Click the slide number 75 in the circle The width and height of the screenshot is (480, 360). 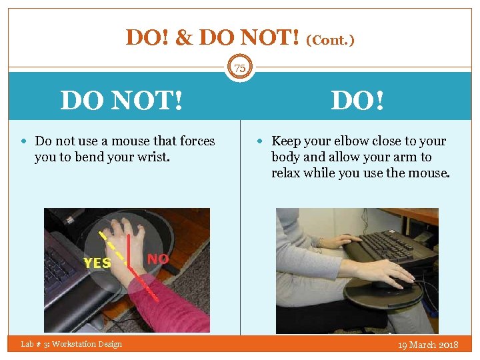coord(239,68)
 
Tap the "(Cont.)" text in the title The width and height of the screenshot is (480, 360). coord(330,40)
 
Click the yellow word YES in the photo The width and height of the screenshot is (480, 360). coord(97,263)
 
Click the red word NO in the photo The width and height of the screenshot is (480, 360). coord(158,259)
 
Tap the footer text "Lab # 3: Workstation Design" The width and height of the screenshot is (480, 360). coord(71,344)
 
